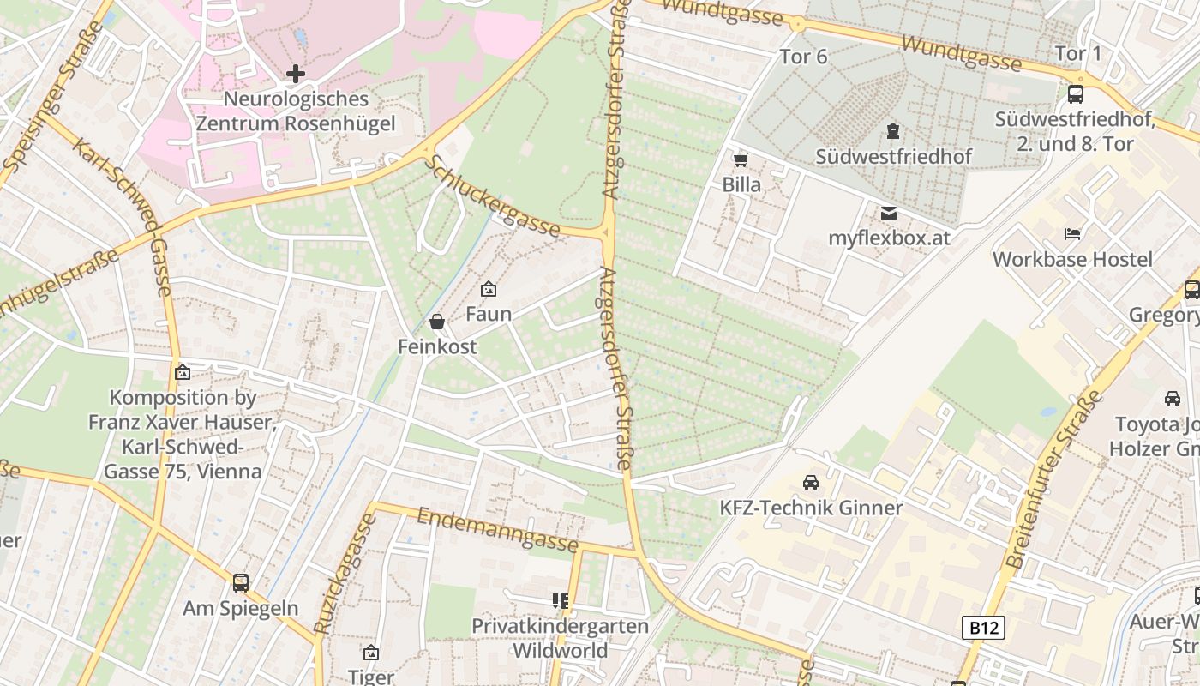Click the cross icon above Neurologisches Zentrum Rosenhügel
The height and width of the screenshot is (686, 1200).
click(296, 74)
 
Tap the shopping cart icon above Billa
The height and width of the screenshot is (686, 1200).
click(741, 159)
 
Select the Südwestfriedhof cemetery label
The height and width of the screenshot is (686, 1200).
click(893, 156)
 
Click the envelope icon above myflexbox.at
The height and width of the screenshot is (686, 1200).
click(889, 214)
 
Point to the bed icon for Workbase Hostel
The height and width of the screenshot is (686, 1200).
click(1072, 233)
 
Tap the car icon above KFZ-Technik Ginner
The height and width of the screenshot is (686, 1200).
click(810, 483)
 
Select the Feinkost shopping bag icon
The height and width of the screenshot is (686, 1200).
click(437, 322)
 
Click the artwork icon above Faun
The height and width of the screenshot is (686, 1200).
click(489, 290)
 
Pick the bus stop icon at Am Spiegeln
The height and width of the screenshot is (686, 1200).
click(241, 583)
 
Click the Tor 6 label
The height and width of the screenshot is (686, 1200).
click(803, 57)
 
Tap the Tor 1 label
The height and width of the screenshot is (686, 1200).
click(1077, 54)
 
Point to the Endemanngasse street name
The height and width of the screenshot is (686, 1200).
click(497, 530)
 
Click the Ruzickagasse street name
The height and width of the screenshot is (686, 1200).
click(345, 574)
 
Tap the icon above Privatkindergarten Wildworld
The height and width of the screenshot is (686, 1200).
click(561, 601)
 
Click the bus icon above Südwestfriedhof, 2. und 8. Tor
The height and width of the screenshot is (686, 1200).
click(1075, 94)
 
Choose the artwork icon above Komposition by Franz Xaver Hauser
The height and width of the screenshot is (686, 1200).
click(182, 372)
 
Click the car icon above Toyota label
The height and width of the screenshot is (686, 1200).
click(1172, 399)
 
